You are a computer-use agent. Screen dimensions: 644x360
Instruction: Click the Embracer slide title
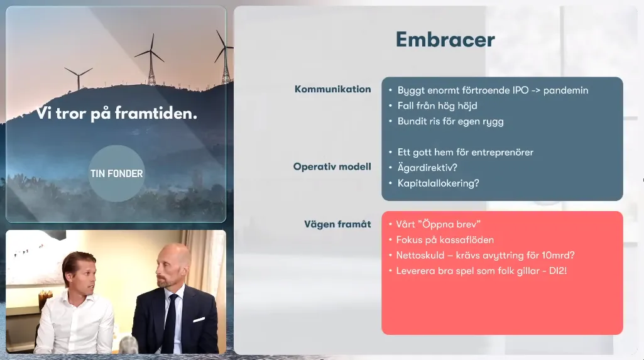pyautogui.click(x=445, y=40)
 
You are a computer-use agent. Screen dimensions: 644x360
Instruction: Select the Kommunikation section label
pyautogui.click(x=332, y=89)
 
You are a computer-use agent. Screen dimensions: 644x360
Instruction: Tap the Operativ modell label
pyautogui.click(x=332, y=166)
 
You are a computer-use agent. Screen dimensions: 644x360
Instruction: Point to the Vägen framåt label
pyautogui.click(x=337, y=224)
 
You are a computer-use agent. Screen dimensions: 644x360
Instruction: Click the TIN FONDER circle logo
pyautogui.click(x=117, y=173)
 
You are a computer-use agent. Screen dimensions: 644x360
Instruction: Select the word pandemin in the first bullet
pyautogui.click(x=565, y=90)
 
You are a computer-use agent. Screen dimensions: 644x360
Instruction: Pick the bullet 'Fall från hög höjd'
pyautogui.click(x=437, y=106)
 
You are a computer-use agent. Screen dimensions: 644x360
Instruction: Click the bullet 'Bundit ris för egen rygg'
pyautogui.click(x=450, y=121)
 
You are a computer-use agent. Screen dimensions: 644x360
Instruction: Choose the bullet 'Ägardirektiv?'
pyautogui.click(x=427, y=168)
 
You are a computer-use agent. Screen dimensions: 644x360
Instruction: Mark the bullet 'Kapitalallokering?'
pyautogui.click(x=438, y=183)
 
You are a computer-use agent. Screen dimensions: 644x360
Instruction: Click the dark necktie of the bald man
pyautogui.click(x=170, y=324)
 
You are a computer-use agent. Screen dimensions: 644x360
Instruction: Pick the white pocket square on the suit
pyautogui.click(x=199, y=319)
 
